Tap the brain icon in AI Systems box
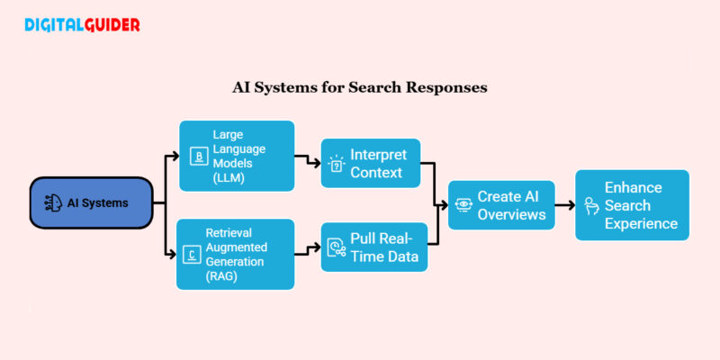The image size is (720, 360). click(x=55, y=202)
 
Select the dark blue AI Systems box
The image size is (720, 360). click(x=91, y=202)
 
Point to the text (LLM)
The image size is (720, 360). click(x=229, y=177)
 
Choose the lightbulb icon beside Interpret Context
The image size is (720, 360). click(x=337, y=162)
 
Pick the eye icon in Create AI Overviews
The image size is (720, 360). click(x=462, y=204)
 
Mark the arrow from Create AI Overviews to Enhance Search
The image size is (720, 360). click(x=564, y=204)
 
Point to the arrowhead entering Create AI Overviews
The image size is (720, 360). click(x=443, y=204)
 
